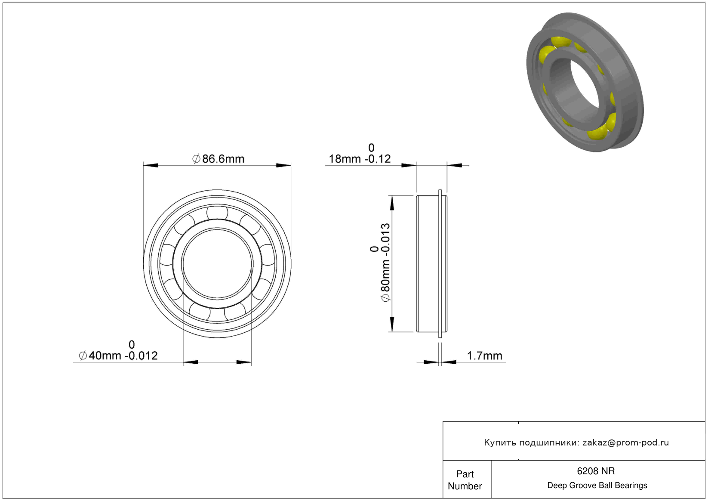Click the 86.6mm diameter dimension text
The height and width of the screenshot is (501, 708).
point(219,159)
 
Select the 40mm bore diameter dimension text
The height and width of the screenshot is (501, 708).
point(118,356)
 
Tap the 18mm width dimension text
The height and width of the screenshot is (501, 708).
point(360,159)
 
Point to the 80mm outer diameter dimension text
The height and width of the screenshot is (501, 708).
point(385,263)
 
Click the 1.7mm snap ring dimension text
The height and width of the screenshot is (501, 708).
point(484,356)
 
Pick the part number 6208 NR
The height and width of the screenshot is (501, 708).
point(596,471)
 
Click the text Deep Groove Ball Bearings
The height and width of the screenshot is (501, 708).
point(597,486)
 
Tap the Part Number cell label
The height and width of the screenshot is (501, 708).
point(465,480)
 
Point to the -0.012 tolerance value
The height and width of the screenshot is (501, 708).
point(141,356)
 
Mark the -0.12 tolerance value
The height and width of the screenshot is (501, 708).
point(378,159)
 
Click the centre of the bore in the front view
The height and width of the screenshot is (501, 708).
point(217,263)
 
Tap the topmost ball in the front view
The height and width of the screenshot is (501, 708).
point(217,213)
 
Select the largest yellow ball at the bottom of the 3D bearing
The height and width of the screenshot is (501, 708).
point(598,130)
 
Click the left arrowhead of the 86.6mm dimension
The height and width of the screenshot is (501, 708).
point(151,165)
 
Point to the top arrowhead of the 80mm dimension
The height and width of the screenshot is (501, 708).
point(392,203)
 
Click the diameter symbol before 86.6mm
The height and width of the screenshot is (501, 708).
point(196,159)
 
